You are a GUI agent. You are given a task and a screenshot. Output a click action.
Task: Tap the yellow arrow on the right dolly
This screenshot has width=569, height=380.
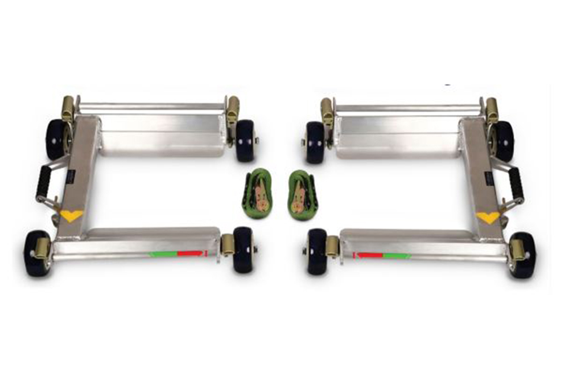pos(488,217)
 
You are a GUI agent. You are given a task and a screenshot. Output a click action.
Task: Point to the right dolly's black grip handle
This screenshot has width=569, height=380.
pos(517,182)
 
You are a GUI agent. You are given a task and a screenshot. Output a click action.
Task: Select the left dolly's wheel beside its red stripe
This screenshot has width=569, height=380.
pos(244,250)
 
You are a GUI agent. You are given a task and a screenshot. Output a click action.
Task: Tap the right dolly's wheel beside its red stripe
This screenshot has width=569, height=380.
pos(317,251)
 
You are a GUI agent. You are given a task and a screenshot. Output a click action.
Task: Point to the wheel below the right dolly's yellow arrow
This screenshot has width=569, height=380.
pos(522,255)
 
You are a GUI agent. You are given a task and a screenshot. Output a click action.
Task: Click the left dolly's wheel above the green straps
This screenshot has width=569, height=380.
pos(246,140)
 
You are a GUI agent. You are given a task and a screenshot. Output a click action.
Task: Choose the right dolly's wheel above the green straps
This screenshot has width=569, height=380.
pos(315,142)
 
